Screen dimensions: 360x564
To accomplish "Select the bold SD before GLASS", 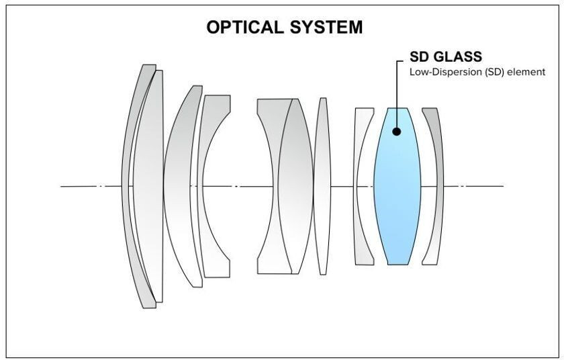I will tap(419, 57).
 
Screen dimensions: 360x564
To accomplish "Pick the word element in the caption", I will tap(527, 72).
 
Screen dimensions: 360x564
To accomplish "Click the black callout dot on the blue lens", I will tap(397, 132).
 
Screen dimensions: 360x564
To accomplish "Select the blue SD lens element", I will tap(397, 195).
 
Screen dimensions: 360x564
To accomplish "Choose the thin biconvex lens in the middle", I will tap(323, 186).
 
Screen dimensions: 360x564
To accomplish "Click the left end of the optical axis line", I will tap(62, 186).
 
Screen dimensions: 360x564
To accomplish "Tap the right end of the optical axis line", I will tap(502, 186).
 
